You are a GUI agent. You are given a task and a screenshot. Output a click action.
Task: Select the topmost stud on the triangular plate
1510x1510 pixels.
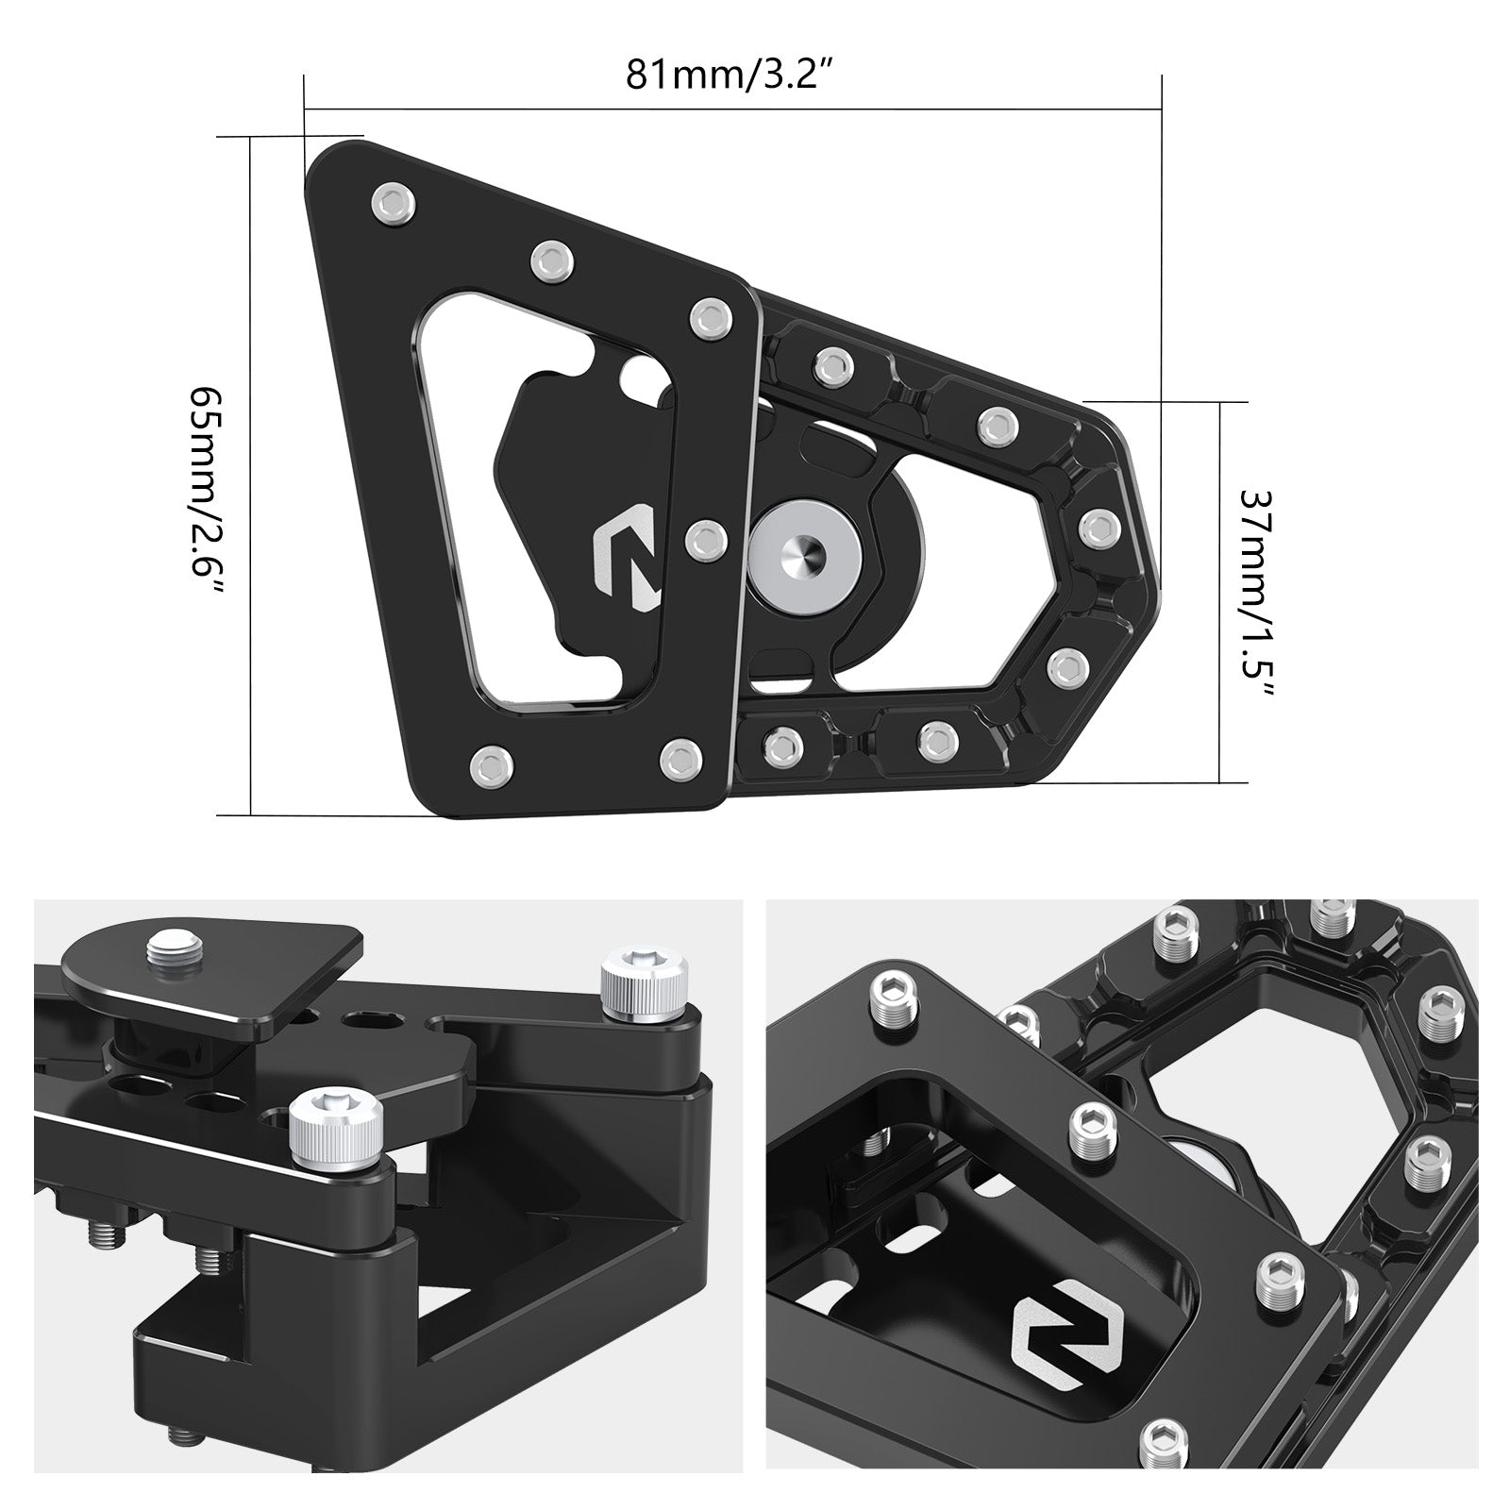coord(392,201)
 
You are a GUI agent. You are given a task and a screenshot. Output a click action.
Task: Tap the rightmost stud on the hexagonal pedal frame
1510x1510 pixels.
coord(1098,527)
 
